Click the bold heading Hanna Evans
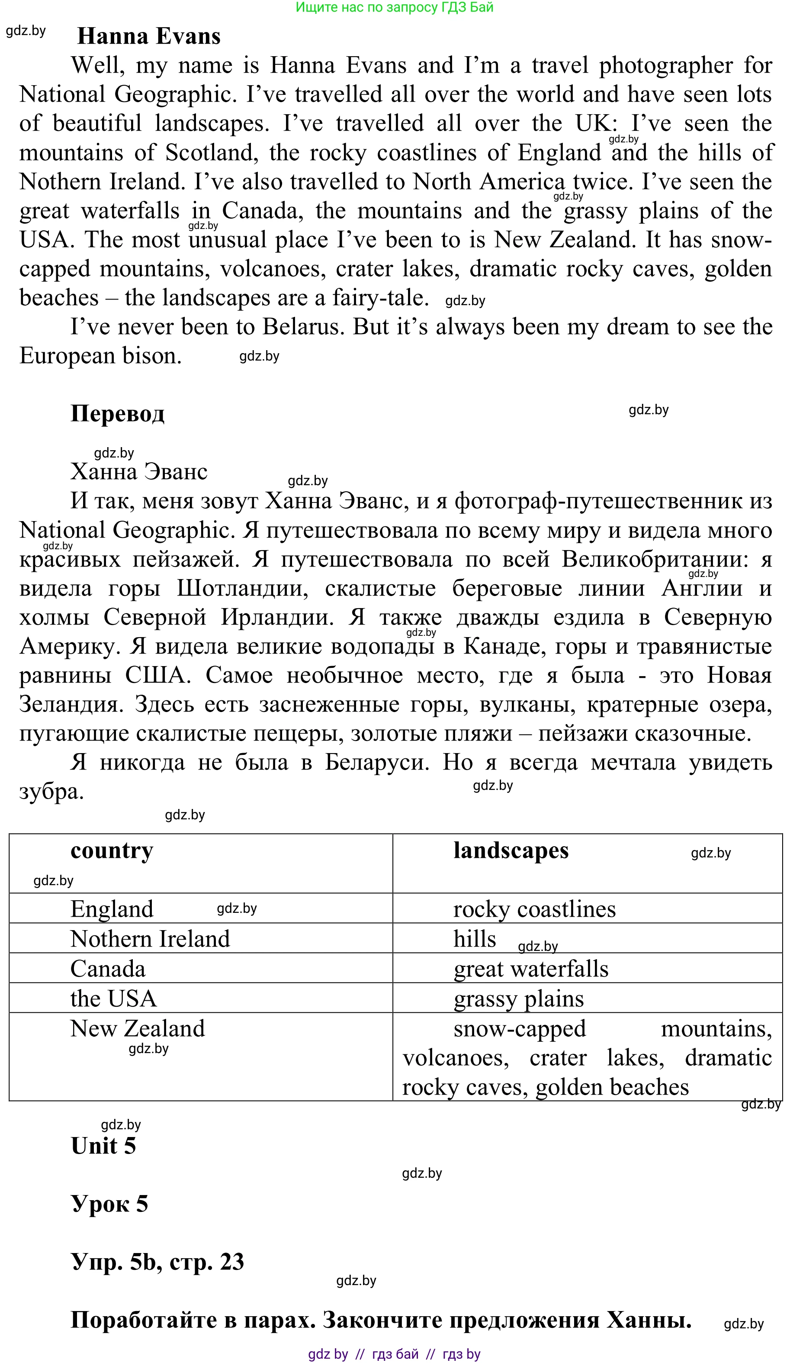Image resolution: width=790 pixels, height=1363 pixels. point(149,36)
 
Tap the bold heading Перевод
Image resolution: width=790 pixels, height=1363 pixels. point(117,414)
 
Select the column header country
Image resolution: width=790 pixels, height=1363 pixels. point(112,850)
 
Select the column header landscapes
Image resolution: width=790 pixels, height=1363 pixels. point(511,850)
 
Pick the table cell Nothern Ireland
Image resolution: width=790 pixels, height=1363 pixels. point(150,939)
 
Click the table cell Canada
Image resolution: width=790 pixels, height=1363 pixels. point(108,969)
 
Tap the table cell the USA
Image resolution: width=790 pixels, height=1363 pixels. point(113,999)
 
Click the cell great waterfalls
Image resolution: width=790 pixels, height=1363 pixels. point(530,969)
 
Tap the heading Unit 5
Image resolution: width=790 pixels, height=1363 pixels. point(103,1146)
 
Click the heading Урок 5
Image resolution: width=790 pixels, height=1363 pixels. point(109,1204)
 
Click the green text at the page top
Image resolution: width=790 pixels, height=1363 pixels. point(394,7)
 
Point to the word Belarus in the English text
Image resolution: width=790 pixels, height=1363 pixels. point(303,327)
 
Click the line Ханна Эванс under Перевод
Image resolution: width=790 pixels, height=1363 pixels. point(138,472)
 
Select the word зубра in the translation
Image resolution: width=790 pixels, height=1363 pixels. point(51,792)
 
